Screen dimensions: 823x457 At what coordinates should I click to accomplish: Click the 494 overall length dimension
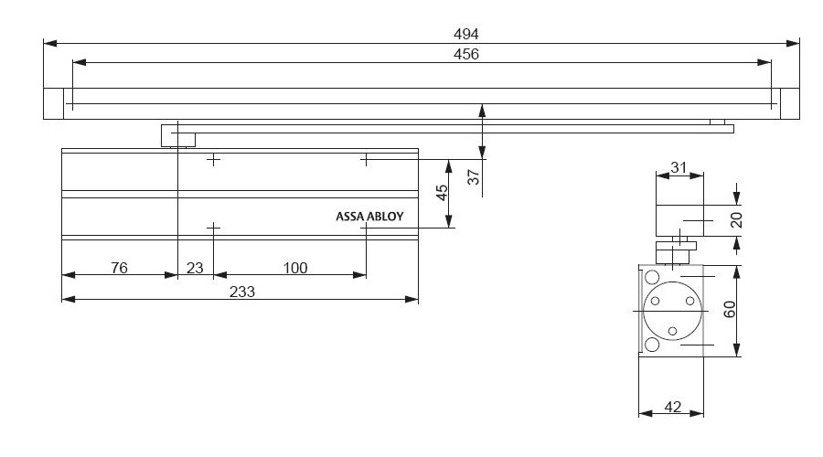point(466,34)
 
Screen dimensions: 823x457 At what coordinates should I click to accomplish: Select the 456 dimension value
point(466,54)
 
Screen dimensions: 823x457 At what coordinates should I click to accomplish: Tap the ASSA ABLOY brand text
point(369,217)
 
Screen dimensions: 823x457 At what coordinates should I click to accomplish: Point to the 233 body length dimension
point(242,292)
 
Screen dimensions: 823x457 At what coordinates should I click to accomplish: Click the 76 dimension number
point(119,268)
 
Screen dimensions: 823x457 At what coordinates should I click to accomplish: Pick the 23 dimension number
point(195,268)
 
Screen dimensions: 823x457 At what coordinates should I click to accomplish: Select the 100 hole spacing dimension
point(295,268)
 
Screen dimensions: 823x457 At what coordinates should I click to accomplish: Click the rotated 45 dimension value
point(442,193)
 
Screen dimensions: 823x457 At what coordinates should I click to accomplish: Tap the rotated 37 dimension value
point(474,176)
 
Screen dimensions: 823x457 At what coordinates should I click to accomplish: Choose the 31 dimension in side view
point(679,167)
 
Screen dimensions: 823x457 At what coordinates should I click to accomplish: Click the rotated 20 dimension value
point(736,220)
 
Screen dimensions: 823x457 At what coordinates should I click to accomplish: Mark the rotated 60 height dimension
point(730,310)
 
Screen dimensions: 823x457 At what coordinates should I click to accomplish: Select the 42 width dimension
point(672,407)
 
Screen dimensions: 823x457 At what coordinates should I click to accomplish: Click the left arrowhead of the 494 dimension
point(50,43)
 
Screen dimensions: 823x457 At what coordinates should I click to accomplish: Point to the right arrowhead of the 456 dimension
point(764,62)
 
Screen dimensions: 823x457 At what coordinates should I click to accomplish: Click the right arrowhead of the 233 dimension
point(412,300)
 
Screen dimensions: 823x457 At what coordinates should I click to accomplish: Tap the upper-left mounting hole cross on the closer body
point(213,159)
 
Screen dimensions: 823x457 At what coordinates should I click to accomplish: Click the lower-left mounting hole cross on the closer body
point(213,228)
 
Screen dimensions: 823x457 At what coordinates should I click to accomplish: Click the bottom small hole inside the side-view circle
point(672,331)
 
